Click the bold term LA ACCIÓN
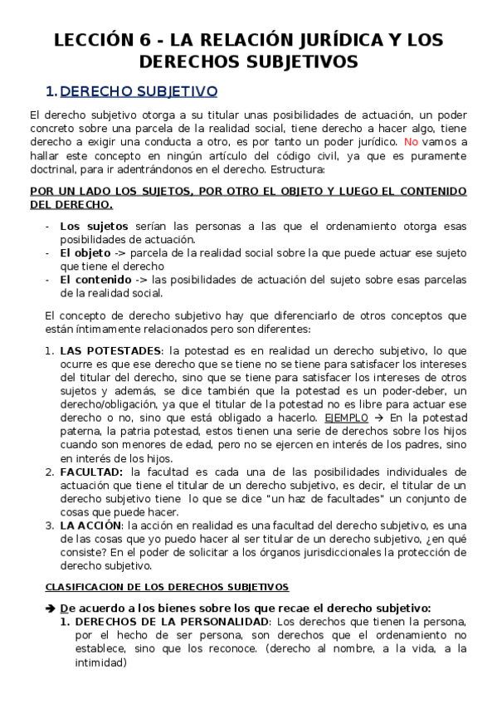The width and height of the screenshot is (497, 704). [90, 526]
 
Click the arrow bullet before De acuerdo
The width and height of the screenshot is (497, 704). [49, 607]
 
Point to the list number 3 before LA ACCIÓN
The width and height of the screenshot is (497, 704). [50, 526]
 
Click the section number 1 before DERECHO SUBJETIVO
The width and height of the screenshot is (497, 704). [50, 90]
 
